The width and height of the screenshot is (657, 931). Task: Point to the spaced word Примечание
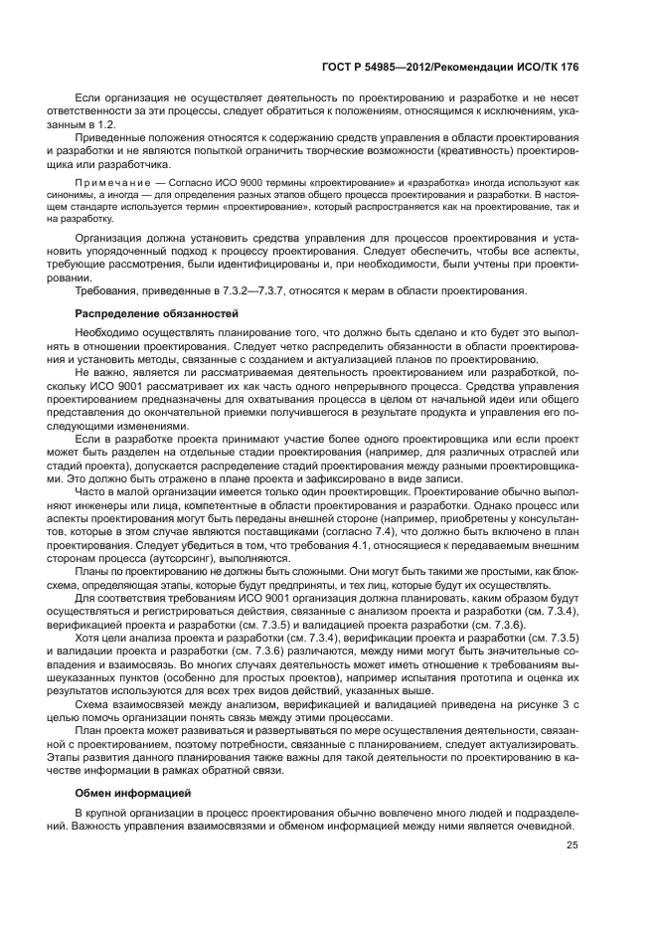105,183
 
